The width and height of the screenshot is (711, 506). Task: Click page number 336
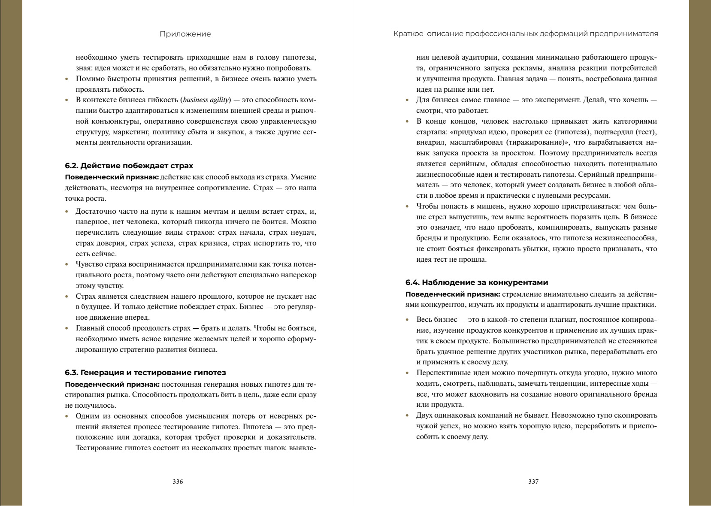click(178, 482)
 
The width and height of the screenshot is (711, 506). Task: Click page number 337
click(533, 482)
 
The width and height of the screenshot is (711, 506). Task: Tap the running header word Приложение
click(185, 34)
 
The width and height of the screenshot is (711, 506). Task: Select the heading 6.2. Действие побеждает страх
click(129, 166)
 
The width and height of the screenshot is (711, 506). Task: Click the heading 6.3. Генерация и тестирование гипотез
click(145, 373)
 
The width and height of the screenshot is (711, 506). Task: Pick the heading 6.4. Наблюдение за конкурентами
click(477, 282)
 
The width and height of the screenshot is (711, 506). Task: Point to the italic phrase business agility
click(206, 100)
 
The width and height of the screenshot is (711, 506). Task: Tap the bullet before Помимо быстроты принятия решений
click(67, 79)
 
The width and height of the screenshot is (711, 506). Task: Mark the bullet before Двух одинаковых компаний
click(408, 416)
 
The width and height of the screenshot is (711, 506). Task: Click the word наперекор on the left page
click(300, 275)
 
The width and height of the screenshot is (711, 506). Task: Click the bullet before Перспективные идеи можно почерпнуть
click(408, 373)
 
